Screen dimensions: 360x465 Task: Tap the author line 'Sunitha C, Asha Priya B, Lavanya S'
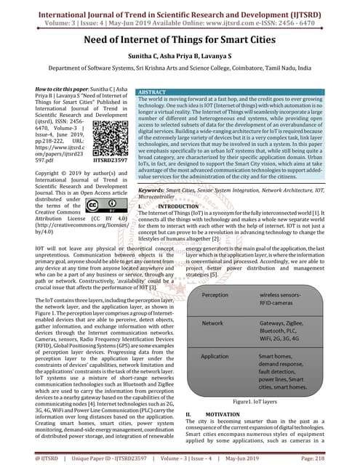[x=180, y=59]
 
